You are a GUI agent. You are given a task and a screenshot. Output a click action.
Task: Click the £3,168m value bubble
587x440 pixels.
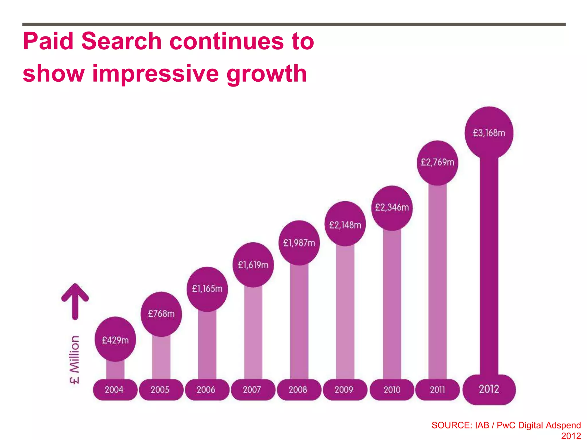point(489,133)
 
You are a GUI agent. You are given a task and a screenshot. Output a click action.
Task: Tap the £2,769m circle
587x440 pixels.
point(437,162)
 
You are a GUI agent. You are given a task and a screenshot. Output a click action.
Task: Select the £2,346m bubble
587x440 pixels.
point(392,207)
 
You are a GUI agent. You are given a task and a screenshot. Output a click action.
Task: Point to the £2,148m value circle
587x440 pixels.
point(345,225)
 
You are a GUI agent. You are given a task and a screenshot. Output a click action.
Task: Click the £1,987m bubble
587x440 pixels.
point(299,243)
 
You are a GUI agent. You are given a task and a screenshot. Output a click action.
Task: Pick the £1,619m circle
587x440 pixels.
point(253,265)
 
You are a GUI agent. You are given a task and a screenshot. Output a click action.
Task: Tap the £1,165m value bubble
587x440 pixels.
point(207,289)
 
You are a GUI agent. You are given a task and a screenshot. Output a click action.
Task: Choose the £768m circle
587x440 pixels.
point(161,314)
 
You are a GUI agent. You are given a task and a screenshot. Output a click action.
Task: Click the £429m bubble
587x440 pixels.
point(115,340)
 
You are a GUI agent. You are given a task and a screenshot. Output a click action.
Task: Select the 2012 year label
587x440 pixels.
point(489,389)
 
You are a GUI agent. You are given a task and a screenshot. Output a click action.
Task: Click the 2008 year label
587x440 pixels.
point(298,390)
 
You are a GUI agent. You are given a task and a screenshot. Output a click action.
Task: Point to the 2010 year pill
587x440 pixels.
point(392,390)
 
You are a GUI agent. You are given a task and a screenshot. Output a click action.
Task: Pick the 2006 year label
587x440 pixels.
point(206,390)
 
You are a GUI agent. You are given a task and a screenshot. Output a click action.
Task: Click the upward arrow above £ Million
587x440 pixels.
point(75,301)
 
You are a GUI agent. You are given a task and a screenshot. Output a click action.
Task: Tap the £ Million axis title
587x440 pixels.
point(75,360)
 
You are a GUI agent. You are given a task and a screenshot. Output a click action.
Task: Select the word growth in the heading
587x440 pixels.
point(267,74)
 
